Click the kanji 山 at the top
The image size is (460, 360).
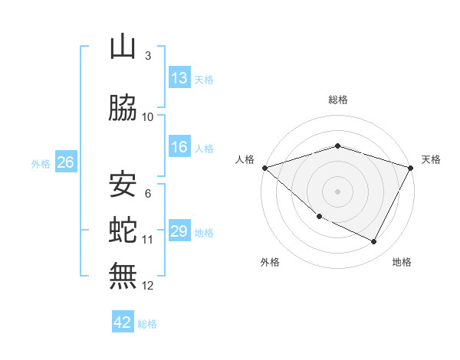(123, 47)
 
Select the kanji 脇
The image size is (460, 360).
(123, 108)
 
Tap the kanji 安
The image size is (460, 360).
(123, 184)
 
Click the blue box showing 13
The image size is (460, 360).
(179, 78)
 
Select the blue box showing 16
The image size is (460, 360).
(179, 147)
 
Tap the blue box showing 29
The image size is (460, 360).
(179, 231)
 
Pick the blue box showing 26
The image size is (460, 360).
(65, 162)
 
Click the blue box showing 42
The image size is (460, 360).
(123, 322)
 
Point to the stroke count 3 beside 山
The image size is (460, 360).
(147, 56)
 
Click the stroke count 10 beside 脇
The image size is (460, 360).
(148, 117)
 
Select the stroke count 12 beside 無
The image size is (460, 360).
(148, 286)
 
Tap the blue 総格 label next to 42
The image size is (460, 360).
(147, 324)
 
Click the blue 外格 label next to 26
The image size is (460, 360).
(41, 164)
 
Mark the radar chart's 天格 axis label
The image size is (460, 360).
(432, 159)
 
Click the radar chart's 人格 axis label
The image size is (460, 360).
(245, 159)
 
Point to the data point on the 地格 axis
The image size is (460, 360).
(374, 242)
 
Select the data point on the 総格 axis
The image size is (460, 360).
(337, 146)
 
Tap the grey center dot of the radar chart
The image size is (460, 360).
(337, 191)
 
